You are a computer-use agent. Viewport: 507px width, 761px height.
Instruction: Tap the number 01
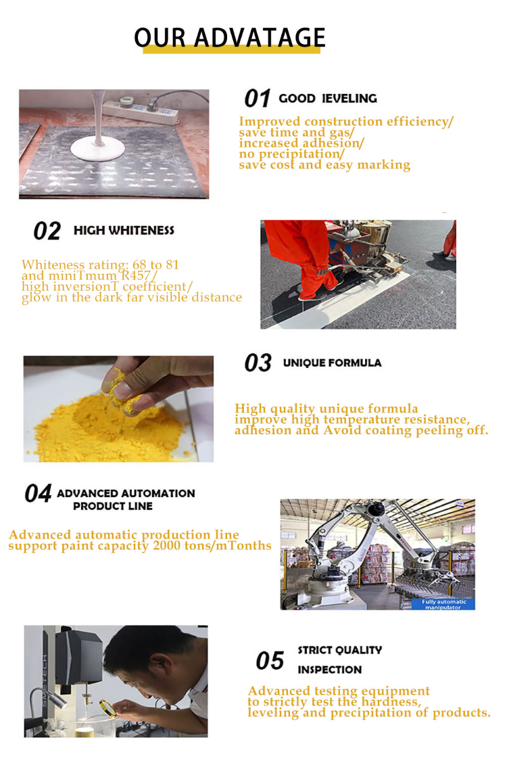tap(257, 99)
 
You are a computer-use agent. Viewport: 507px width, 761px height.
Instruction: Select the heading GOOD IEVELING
tap(328, 99)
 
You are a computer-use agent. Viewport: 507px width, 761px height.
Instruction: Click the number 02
tap(47, 231)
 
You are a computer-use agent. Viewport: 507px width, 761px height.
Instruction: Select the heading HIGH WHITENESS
tap(124, 231)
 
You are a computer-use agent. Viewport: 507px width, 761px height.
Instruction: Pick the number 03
tap(258, 363)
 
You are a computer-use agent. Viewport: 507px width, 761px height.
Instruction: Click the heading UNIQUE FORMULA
tap(332, 363)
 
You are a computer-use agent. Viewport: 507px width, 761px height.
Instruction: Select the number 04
tap(38, 494)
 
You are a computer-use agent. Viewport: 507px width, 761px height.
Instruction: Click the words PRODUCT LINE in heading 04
tap(113, 506)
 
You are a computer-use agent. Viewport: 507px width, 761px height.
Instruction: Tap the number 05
tap(269, 661)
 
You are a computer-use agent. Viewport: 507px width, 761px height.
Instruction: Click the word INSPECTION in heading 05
tap(330, 670)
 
